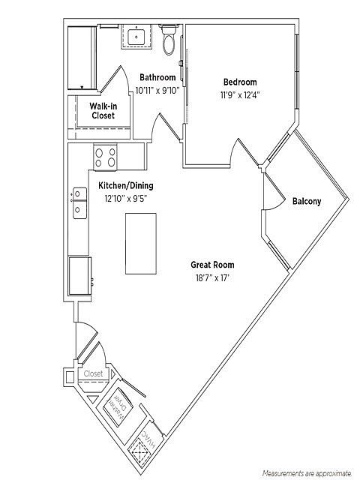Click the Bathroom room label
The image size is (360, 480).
[x=157, y=77]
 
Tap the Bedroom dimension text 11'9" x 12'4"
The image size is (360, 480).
[x=240, y=95]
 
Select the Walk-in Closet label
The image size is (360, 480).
[x=103, y=111]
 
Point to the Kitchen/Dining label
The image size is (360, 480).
[x=126, y=185]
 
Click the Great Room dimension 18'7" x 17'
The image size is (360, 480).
[x=212, y=278]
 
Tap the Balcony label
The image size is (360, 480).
[x=307, y=202]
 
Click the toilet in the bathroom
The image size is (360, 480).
[x=168, y=40]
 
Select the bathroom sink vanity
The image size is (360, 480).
[x=136, y=37]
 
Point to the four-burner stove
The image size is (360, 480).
[x=105, y=157]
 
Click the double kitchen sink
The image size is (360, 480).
[x=79, y=202]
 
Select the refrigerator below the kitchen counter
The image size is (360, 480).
[x=80, y=276]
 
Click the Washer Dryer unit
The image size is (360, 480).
[x=118, y=406]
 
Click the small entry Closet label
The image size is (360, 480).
[x=93, y=373]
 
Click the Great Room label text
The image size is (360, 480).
[x=212, y=265]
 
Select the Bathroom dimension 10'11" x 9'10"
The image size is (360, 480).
[x=157, y=91]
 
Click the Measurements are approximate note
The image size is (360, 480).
[x=307, y=473]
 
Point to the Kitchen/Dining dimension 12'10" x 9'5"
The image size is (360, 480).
[x=126, y=199]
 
